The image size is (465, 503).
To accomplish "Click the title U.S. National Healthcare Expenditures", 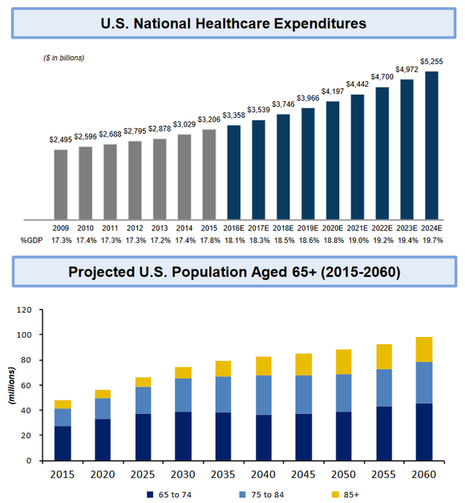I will (x=232, y=23).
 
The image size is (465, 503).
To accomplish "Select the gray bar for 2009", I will (x=60, y=184).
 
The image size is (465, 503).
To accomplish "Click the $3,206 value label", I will (x=208, y=119).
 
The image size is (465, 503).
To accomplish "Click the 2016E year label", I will (x=233, y=227).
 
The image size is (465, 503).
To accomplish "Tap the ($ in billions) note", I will (x=63, y=58).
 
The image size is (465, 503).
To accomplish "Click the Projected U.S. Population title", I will (x=232, y=272).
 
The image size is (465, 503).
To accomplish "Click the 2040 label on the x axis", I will (x=265, y=474).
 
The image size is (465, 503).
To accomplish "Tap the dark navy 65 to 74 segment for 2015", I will (x=63, y=444).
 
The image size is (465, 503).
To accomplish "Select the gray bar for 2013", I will (x=159, y=179).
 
